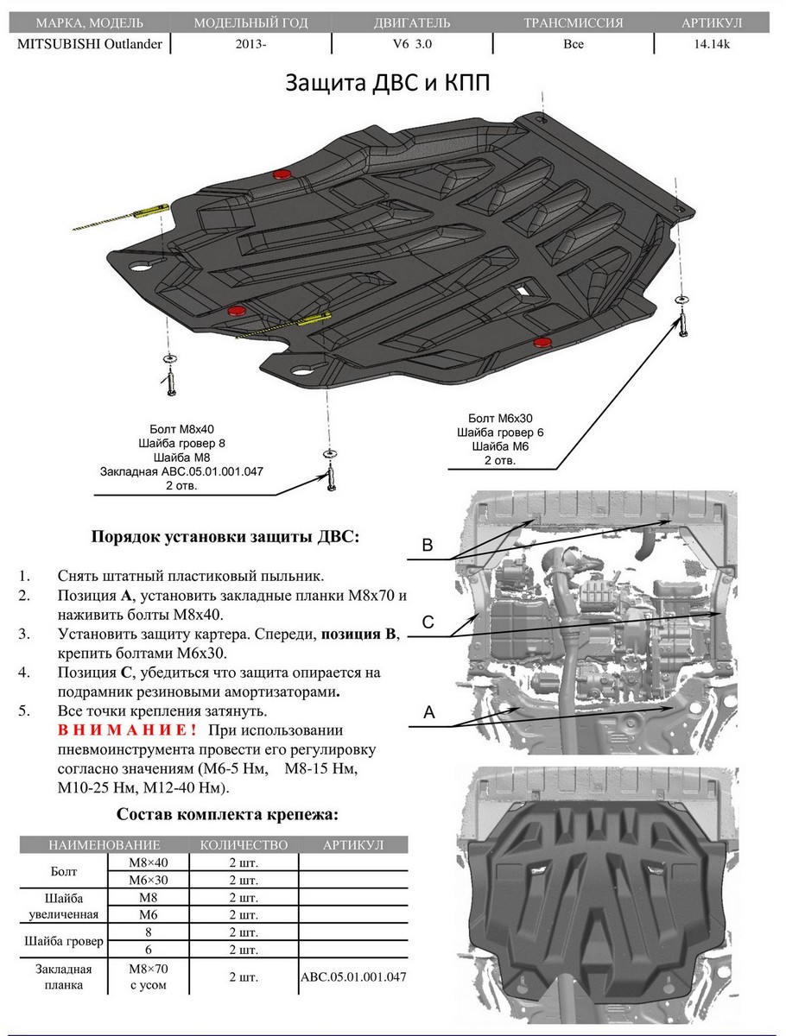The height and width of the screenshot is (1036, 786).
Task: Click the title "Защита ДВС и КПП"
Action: pos(393,83)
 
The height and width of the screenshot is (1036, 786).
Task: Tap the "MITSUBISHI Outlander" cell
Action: pos(89,43)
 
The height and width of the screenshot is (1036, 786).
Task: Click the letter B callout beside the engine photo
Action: pos(427,545)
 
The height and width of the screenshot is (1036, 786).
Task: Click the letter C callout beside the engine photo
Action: pos(427,622)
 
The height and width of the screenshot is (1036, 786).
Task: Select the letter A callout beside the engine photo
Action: pos(427,712)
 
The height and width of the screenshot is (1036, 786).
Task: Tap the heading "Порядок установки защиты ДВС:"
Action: pos(225,536)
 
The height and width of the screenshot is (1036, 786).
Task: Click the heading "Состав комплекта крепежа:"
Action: pos(227,814)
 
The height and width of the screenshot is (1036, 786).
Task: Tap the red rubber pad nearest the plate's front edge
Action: pos(542,344)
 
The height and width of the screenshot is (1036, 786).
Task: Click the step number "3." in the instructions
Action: pos(25,634)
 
